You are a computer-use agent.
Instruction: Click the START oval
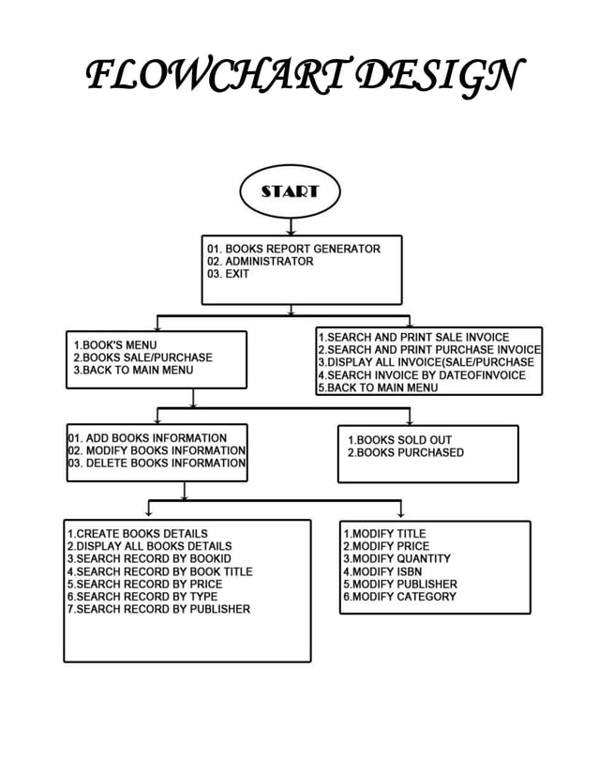tap(290, 191)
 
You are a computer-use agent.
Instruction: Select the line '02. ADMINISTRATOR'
tap(261, 262)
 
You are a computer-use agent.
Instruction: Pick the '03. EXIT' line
tap(229, 275)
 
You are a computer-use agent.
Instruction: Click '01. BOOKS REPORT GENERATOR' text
tap(294, 249)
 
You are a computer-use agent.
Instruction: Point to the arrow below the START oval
tap(291, 225)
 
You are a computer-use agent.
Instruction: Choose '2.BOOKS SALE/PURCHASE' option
tap(142, 357)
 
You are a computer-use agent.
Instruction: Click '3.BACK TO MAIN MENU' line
tap(133, 371)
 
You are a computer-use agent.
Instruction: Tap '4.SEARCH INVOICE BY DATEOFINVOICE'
tap(421, 375)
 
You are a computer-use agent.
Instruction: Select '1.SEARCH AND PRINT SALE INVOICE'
tap(413, 337)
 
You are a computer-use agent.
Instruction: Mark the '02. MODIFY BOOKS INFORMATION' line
tap(157, 450)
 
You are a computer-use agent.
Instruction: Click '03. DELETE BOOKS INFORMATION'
tap(157, 463)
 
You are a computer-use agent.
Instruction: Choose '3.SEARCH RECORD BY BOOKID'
tap(149, 558)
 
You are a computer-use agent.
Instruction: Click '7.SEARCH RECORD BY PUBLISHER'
tap(158, 609)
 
